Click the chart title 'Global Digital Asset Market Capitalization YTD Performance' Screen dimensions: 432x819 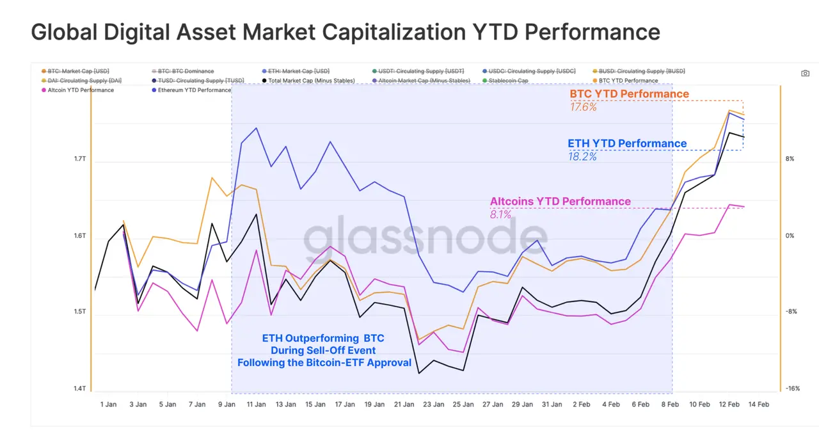[346, 31]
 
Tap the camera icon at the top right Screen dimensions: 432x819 [806, 74]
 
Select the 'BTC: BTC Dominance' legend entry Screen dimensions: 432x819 [186, 71]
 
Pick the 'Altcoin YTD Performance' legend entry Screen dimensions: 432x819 [81, 90]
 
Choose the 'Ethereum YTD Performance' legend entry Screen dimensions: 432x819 [194, 90]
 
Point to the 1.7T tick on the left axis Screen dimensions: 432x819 [81, 159]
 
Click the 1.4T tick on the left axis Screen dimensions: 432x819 [81, 388]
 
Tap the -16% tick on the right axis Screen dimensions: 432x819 [793, 388]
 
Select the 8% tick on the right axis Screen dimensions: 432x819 [790, 159]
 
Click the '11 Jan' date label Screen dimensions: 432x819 [256, 404]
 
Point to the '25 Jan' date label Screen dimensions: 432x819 [463, 404]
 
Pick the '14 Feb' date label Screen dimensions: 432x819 [759, 404]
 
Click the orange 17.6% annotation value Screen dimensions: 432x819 [583, 107]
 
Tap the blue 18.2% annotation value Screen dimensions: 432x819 [582, 156]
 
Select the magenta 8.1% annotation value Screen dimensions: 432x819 [500, 214]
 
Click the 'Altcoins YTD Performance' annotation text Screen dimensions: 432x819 [560, 202]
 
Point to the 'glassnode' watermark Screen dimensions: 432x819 [416, 238]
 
